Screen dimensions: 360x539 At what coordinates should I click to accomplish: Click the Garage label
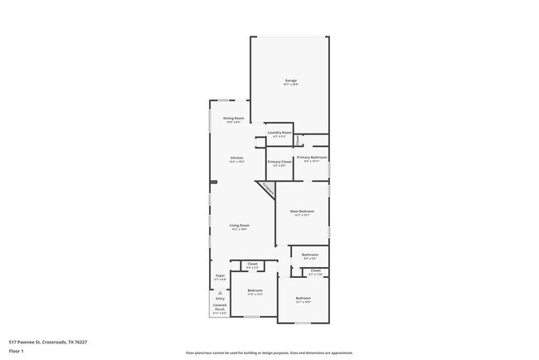(290, 80)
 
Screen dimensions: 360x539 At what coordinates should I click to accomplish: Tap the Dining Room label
(233, 119)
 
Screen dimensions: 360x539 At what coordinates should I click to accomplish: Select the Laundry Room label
(279, 133)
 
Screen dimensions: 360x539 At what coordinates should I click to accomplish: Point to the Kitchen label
(237, 158)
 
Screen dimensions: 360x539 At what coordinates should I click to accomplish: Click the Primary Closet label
(279, 162)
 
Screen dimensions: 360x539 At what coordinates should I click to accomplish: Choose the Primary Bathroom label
(312, 157)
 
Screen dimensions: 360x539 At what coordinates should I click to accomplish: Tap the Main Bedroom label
(301, 212)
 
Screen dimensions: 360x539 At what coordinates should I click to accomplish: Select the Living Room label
(240, 226)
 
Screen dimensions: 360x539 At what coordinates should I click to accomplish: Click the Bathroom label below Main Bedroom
(310, 255)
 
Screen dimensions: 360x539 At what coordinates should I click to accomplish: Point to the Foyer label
(220, 275)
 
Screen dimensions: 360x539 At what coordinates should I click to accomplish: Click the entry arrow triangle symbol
(220, 292)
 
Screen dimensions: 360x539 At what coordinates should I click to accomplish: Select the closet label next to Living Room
(252, 264)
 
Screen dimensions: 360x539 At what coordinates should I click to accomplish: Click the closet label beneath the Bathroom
(315, 270)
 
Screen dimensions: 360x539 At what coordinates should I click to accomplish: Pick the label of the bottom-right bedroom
(303, 298)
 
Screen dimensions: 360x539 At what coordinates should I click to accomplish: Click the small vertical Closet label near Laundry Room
(298, 140)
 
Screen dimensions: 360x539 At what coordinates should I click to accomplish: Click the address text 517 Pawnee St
(48, 341)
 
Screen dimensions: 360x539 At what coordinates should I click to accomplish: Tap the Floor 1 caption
(17, 351)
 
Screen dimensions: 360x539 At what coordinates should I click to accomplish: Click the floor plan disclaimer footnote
(269, 353)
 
